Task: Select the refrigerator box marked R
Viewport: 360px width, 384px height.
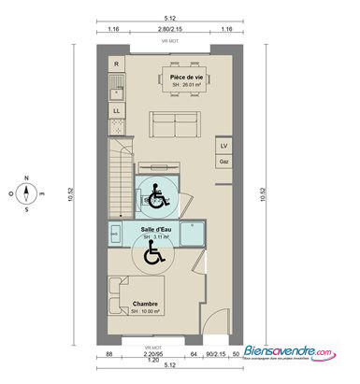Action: (115, 64)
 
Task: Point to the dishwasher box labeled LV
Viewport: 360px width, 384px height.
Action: (223, 148)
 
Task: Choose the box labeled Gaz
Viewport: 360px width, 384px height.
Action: (223, 162)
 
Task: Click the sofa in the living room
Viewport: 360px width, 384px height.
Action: (174, 123)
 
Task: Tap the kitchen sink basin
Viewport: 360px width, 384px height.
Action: (116, 90)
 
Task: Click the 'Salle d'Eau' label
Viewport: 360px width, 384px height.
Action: (155, 229)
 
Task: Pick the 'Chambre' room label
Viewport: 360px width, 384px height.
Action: (144, 304)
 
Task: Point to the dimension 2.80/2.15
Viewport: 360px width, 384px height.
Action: (169, 31)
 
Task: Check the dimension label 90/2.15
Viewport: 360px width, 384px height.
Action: (215, 355)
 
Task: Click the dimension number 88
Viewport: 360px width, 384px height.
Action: (109, 355)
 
